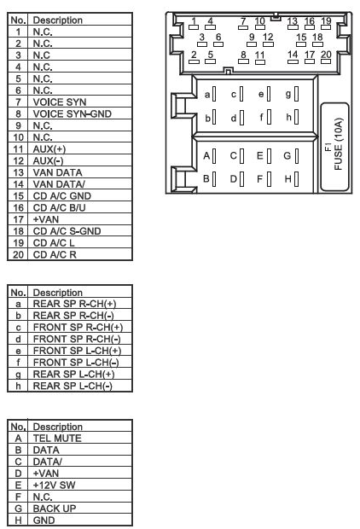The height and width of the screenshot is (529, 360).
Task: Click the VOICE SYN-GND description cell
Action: tap(73, 113)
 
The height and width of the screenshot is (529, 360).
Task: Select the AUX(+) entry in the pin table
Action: tap(49, 149)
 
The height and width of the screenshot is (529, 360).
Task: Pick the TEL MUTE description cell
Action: tap(57, 439)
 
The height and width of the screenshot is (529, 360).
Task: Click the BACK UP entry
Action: tap(55, 509)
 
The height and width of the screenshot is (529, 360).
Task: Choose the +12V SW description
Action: tap(55, 485)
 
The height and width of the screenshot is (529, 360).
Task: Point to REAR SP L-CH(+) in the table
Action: tap(74, 375)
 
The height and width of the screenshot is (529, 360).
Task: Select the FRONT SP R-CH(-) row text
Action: tap(77, 339)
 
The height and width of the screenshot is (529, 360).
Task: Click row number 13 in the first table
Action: tap(18, 172)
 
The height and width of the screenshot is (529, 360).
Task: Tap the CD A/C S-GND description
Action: tap(67, 231)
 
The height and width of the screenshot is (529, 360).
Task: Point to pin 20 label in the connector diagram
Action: tap(326, 55)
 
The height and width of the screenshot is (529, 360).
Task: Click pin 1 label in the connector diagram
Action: tap(194, 21)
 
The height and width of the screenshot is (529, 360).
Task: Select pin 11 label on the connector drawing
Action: tap(260, 55)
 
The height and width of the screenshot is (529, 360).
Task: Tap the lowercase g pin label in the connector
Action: tap(288, 94)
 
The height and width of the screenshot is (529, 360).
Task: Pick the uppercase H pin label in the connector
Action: tap(287, 179)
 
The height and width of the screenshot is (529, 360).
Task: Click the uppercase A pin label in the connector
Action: tap(206, 156)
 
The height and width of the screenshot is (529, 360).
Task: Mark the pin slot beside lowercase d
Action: tap(241, 118)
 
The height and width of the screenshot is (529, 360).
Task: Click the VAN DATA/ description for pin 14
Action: tap(59, 184)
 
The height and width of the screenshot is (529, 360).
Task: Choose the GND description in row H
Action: tap(44, 520)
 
